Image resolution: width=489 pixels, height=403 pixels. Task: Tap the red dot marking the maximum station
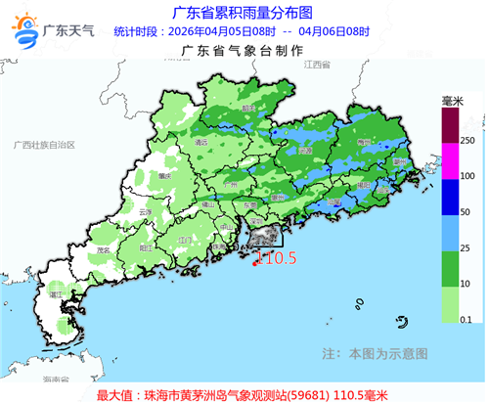click(x=255, y=262)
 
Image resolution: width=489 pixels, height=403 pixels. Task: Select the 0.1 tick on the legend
click(x=467, y=318)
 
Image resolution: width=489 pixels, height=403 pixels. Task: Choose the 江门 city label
click(x=184, y=238)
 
